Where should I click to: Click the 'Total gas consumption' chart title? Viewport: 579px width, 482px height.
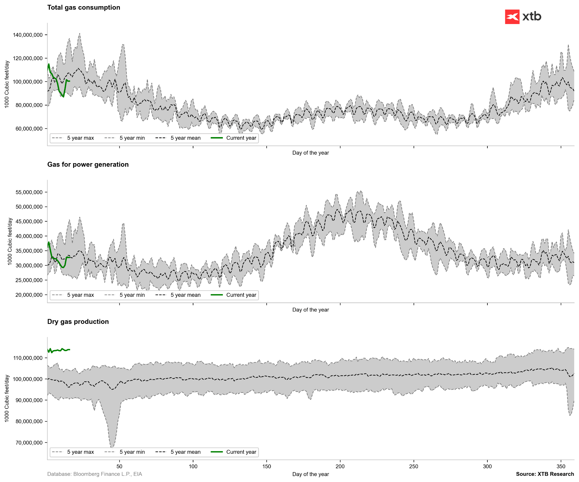tap(84, 8)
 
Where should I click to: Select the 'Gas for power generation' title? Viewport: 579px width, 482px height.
tap(88, 165)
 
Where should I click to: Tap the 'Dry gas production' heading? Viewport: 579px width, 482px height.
tap(78, 322)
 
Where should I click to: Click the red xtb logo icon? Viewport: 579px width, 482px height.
tap(512, 17)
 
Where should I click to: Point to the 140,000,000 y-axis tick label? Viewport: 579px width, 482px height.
tap(28, 35)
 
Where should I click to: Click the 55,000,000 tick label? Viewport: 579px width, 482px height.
tap(29, 192)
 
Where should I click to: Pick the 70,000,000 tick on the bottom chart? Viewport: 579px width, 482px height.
tap(28, 443)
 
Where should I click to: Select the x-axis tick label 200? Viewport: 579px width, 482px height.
tap(340, 466)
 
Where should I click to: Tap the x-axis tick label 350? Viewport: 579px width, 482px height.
tap(561, 466)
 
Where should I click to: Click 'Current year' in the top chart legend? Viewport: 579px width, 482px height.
tap(241, 138)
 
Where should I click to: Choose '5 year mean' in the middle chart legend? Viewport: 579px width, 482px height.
tap(185, 295)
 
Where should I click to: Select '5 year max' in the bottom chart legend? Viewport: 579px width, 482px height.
tap(80, 452)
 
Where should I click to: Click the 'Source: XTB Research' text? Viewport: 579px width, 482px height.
tap(545, 474)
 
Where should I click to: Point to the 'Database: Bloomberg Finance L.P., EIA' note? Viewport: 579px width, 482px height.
tap(94, 474)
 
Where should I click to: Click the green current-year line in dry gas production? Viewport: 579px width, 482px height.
tap(59, 350)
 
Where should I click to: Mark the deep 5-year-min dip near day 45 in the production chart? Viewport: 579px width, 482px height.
tap(112, 447)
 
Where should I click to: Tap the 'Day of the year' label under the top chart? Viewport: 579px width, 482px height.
tap(310, 153)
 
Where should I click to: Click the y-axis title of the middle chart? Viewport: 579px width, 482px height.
tap(10, 241)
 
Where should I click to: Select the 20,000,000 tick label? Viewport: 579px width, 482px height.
tap(29, 295)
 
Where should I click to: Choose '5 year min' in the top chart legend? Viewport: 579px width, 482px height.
tap(132, 138)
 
